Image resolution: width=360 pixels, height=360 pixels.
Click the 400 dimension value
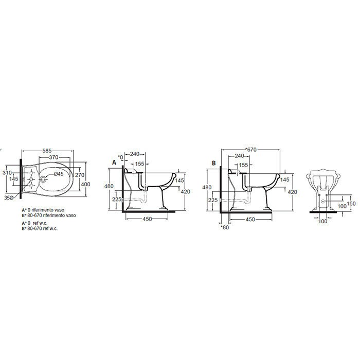tap(85, 184)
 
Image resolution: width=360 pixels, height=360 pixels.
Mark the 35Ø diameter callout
tap(8, 197)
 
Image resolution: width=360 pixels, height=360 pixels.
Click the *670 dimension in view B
tap(250, 150)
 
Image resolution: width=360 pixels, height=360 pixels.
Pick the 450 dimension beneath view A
tap(147, 218)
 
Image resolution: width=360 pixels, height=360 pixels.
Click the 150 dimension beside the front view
tap(351, 203)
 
